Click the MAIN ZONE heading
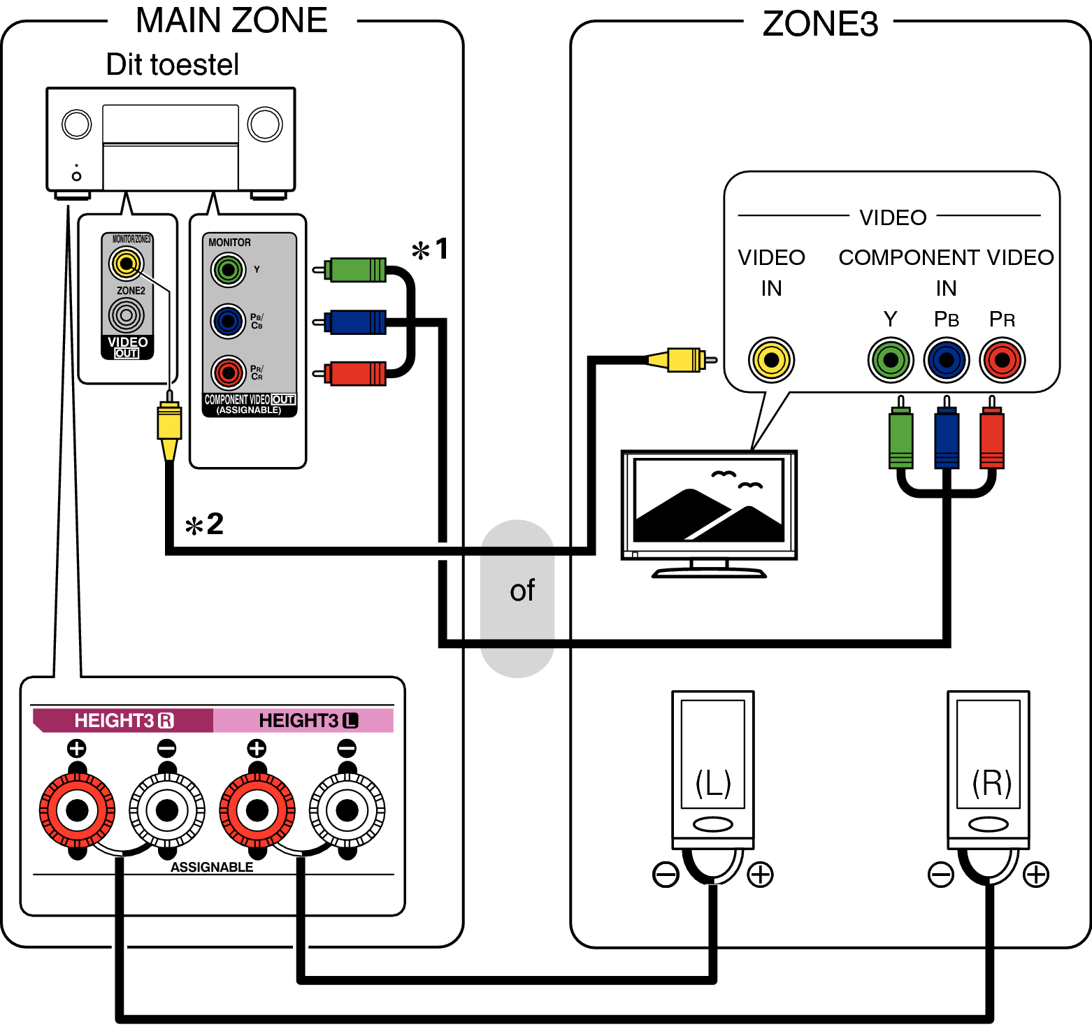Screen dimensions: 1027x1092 [231, 20]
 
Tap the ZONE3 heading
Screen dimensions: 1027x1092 [819, 24]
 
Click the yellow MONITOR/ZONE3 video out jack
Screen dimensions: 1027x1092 [126, 264]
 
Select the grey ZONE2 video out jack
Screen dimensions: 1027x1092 [126, 315]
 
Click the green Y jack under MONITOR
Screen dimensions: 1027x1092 [228, 270]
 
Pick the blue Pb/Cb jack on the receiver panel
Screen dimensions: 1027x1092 [228, 322]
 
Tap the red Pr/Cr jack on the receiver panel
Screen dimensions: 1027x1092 [228, 373]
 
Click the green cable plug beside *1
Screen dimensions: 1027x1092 [355, 270]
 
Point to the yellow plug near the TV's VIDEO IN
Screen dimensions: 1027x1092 [682, 360]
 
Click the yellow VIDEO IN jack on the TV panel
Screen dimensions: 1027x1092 [771, 360]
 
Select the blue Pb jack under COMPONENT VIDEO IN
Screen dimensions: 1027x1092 [946, 360]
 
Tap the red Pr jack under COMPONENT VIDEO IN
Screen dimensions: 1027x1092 [1002, 360]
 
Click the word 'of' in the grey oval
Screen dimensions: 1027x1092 [522, 591]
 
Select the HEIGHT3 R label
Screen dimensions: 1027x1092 [123, 721]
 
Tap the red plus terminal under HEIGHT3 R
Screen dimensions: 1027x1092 [77, 810]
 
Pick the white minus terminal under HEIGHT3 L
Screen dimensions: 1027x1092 [347, 810]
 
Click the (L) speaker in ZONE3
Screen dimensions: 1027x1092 [712, 769]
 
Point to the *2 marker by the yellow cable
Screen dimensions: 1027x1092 [204, 524]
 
